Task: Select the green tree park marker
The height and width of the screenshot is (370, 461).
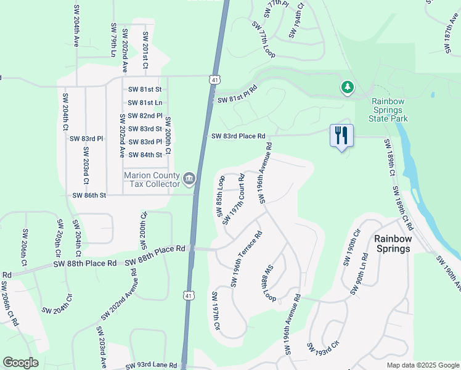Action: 348,88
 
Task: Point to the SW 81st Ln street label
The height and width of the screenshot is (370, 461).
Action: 145,102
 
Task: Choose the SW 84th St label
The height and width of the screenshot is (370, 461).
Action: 145,155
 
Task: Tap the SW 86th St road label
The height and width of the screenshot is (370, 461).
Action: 90,195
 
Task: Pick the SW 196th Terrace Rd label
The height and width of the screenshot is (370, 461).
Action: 247,259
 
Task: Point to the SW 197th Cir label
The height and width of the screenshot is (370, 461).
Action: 215,311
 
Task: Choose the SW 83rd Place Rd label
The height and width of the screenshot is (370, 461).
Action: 238,136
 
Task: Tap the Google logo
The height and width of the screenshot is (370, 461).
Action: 21,363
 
